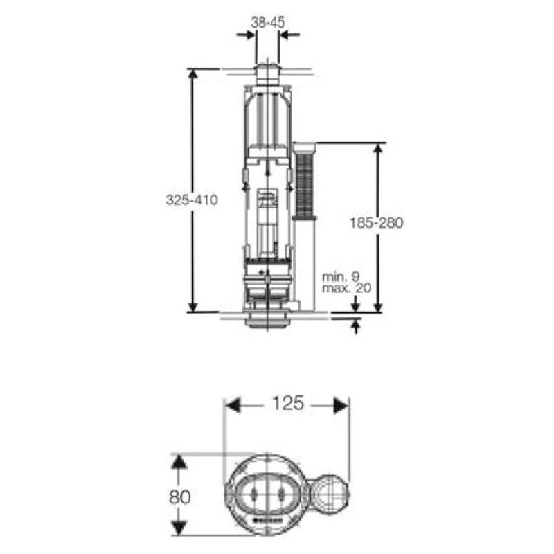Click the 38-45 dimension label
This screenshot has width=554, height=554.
pyautogui.click(x=267, y=21)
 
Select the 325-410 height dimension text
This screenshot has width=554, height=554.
pyautogui.click(x=192, y=200)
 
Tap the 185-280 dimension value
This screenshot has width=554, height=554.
pyautogui.click(x=377, y=223)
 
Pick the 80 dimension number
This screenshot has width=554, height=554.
pyautogui.click(x=179, y=497)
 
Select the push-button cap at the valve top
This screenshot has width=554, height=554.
pyautogui.click(x=267, y=72)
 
